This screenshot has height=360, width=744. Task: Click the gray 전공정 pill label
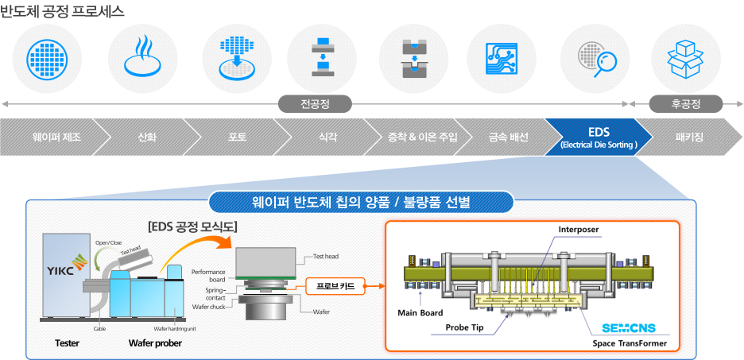(315, 104)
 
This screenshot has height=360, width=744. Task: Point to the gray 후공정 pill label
(685, 104)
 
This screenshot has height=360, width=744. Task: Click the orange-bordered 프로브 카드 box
(335, 285)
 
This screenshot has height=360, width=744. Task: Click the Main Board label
(420, 312)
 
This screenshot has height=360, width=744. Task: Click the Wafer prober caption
(155, 343)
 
